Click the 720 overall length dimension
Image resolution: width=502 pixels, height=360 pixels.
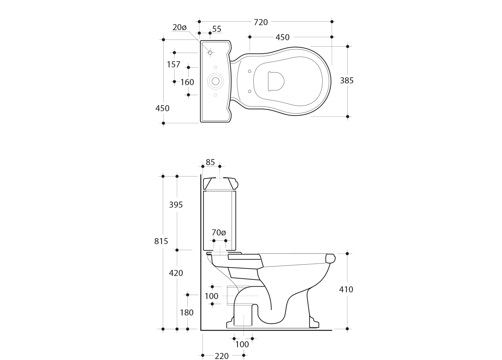coord(261,22)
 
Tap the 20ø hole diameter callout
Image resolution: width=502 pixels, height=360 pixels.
coord(179,27)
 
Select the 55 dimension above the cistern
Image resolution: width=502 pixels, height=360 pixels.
coord(217,29)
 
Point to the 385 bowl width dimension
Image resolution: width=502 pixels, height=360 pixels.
coord(347,80)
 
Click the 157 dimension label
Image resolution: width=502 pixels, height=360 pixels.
coord(173,64)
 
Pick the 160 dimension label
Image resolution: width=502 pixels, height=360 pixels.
coord(187,82)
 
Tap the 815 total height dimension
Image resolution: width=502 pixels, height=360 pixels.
coord(161,241)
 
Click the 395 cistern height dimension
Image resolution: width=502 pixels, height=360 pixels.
coord(176,205)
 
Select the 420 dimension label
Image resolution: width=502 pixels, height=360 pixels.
coord(176,273)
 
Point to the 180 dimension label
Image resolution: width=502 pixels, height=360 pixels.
coord(187,312)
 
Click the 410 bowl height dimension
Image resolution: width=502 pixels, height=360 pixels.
coord(346,289)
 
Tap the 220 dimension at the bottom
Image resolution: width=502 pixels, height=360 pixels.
coord(222,356)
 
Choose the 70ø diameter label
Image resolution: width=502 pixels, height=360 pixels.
coord(219,233)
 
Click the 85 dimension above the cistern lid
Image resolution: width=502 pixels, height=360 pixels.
coord(210,162)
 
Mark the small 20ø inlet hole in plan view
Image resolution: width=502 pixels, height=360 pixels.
coord(210,53)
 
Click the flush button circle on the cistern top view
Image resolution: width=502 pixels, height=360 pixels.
coord(216,81)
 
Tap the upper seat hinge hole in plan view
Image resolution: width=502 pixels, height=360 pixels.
coord(249,71)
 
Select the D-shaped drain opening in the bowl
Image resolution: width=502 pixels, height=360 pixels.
coord(276,81)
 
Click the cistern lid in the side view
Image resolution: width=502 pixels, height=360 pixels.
coord(221,183)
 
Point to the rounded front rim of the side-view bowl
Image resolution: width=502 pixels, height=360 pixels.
coord(330,259)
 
